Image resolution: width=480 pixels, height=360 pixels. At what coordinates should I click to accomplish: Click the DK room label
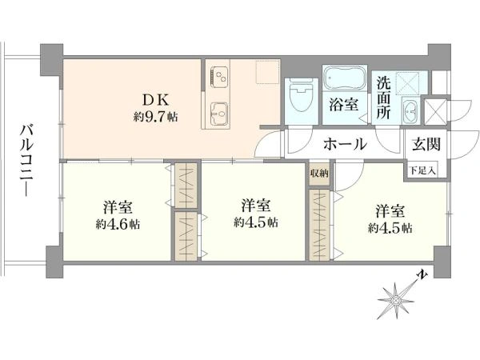pos(155,100)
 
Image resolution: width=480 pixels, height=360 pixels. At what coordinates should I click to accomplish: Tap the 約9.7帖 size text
pos(155,117)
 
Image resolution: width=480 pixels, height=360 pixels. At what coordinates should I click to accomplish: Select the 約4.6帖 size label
pos(118,224)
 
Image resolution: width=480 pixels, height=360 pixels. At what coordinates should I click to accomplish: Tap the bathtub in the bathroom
pos(344,78)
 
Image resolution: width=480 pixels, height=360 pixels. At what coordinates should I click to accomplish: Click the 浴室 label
pos(343,106)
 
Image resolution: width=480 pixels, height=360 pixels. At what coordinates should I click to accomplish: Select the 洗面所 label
pos(383,98)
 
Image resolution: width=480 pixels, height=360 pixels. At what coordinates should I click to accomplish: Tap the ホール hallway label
pos(345,144)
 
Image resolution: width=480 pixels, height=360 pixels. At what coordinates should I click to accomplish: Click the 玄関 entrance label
pos(426,144)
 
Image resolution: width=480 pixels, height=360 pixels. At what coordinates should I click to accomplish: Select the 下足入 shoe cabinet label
pos(422,170)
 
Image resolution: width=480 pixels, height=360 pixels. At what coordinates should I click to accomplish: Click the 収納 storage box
pos(319,174)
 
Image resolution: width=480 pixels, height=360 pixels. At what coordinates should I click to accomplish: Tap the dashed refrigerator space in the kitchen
pos(267,72)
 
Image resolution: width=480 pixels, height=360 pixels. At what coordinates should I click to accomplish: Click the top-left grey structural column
pos(52,60)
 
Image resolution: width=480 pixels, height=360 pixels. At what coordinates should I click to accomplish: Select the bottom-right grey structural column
pos(442,262)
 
